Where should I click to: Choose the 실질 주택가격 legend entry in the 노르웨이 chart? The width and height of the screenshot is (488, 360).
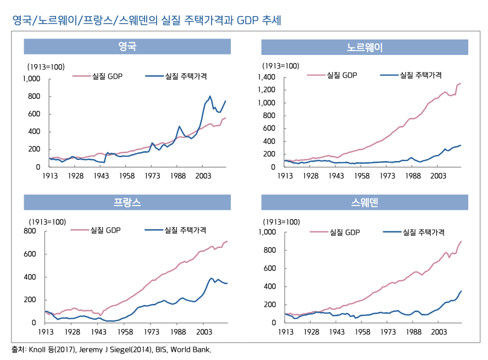(x=420, y=75)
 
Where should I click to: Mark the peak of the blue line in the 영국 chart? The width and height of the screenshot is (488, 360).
(x=210, y=96)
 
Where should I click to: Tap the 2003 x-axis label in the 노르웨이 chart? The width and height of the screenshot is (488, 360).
(x=438, y=176)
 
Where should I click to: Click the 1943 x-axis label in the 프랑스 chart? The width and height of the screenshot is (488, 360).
(x=98, y=333)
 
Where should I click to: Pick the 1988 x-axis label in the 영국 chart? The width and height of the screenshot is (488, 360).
(x=178, y=176)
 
